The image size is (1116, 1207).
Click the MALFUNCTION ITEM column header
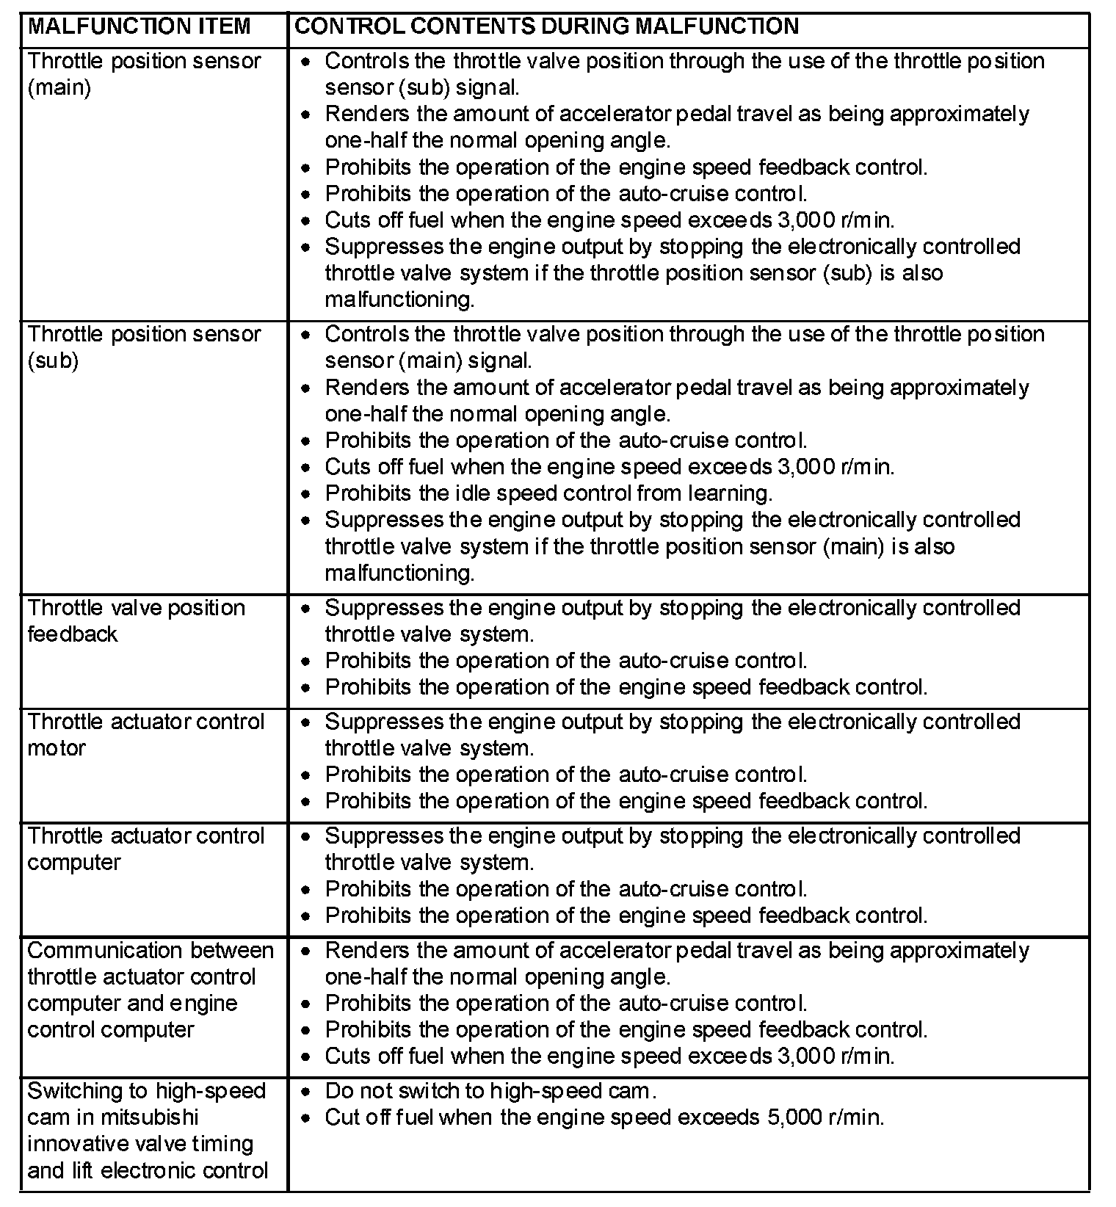coord(139,26)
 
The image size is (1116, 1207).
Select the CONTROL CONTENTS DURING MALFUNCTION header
coord(546,26)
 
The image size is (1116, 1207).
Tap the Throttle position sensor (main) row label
coord(144,73)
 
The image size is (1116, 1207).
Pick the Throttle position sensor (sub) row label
coord(144,347)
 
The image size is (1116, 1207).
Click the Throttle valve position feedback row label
coord(136,620)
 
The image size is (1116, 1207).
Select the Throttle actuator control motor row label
coord(145,734)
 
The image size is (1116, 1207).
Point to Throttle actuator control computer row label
coord(145,849)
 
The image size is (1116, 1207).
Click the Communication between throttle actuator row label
coord(150,990)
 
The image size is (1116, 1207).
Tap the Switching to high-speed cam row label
coord(147,1130)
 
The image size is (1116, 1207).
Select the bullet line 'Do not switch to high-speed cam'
coord(490,1091)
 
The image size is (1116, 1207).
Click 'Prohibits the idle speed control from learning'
coord(548,493)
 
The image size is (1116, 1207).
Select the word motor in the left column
coord(57,748)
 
